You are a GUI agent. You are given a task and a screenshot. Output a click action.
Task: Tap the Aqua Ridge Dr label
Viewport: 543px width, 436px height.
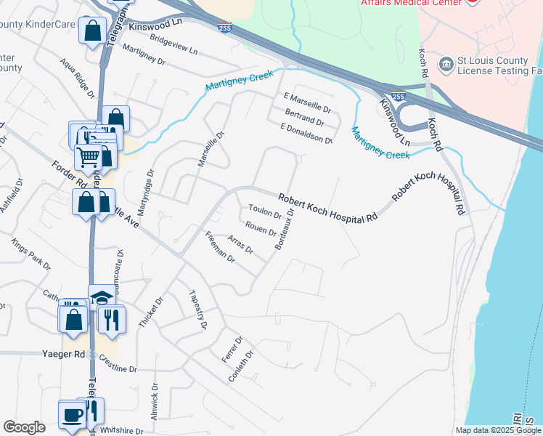point(78,78)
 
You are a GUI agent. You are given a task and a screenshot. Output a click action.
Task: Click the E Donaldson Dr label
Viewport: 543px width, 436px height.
point(306,133)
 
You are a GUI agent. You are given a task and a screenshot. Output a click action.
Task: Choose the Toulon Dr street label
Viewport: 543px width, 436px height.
point(265,211)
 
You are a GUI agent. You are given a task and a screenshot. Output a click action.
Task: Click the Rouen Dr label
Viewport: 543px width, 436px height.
point(260,228)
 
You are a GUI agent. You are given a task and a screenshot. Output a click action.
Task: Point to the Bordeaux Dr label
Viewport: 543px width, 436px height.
point(285,230)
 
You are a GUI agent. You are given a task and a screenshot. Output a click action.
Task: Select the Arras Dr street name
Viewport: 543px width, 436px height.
point(240,244)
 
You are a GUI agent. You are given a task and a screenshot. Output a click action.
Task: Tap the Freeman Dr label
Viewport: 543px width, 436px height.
point(220,246)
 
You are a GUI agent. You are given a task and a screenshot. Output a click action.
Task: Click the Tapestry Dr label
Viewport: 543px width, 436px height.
point(198,309)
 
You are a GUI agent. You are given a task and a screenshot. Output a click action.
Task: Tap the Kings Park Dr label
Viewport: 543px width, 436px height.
point(32,252)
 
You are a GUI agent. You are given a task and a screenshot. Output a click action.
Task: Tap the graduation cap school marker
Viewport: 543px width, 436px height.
point(102,298)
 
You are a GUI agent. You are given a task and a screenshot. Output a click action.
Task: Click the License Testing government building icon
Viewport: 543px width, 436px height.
point(446,65)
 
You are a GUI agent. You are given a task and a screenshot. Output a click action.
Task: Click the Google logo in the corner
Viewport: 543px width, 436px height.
point(25,427)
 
